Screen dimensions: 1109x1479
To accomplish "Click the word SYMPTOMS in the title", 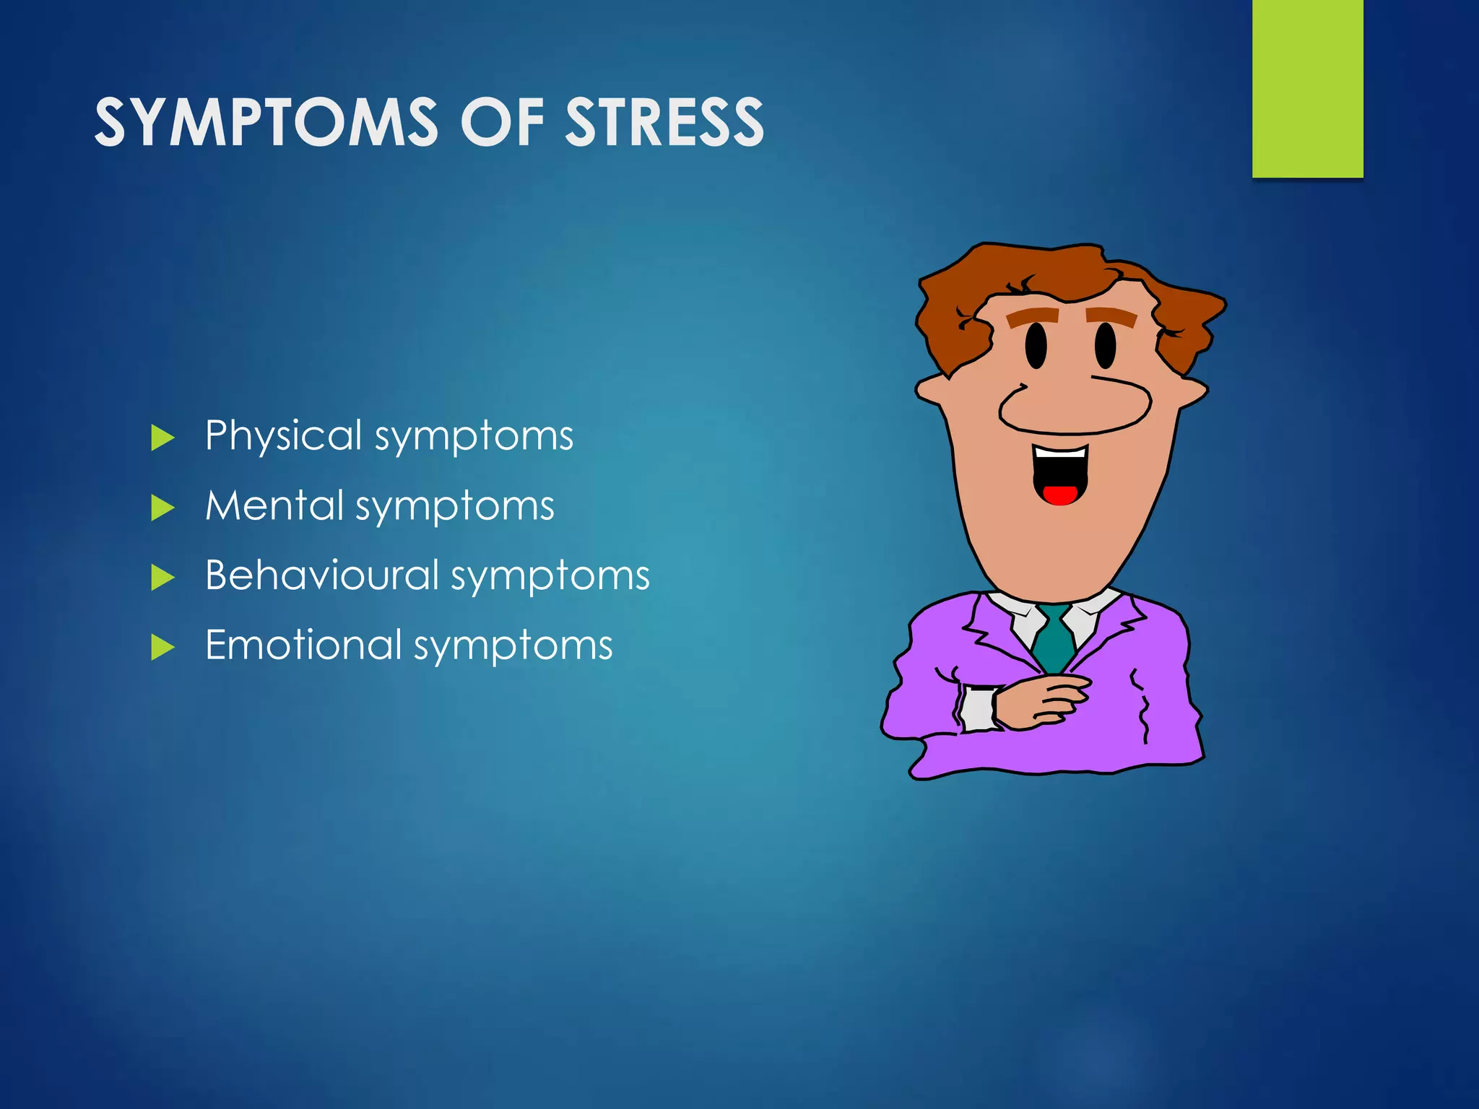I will click(266, 123).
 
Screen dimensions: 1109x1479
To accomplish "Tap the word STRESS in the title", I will click(664, 123).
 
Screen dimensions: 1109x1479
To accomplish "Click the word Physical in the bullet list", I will click(283, 437).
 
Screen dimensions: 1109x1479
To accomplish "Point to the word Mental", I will click(274, 505).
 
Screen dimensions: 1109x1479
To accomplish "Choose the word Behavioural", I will click(322, 575).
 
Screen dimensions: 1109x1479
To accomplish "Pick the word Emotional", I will click(303, 645).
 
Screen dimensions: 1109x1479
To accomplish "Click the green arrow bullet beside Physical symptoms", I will click(162, 438).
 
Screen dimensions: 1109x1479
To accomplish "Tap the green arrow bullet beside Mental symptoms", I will click(162, 508).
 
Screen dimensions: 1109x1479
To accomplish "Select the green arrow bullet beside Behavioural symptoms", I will click(162, 578).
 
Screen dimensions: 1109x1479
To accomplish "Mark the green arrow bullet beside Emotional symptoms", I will click(162, 647).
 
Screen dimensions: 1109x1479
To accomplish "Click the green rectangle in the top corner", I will click(1307, 88).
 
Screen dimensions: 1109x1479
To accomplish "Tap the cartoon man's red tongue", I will click(1059, 495).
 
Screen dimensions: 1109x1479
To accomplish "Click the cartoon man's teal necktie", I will click(1054, 639).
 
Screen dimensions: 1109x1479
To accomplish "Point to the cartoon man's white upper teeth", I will click(1059, 453).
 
